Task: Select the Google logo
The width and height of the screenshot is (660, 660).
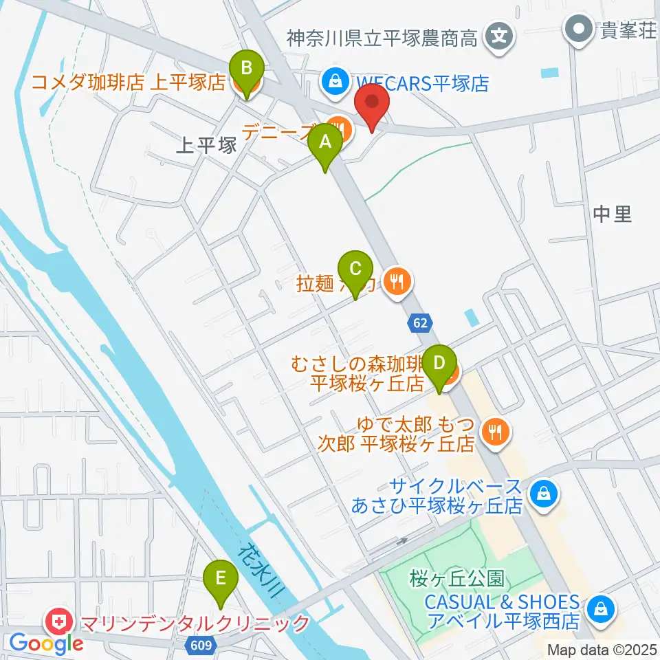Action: [x=46, y=643]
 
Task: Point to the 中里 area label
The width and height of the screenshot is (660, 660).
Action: [x=612, y=214]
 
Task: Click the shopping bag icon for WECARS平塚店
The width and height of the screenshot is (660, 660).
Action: [x=335, y=80]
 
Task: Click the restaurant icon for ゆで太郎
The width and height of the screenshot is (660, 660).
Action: [x=494, y=432]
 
